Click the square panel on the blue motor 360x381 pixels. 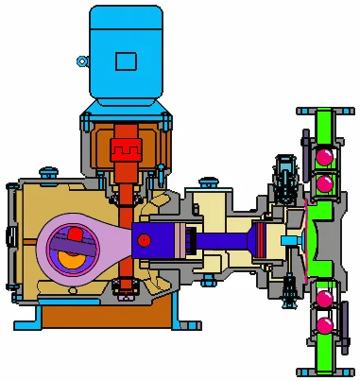coord(126,61)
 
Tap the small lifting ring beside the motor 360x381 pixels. coord(82,62)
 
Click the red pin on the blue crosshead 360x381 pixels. coord(143,240)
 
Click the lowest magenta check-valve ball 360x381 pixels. coord(324,326)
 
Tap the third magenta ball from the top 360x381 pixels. coord(324,300)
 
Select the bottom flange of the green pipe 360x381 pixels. coord(324,370)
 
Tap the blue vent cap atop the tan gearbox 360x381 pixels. coord(44,171)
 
